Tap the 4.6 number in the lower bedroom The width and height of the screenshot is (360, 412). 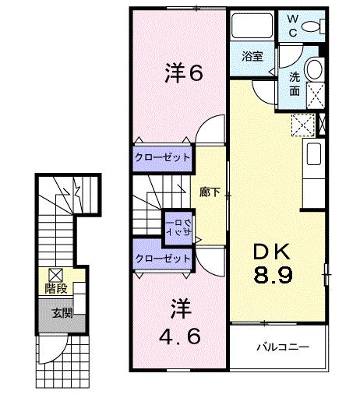click(182, 337)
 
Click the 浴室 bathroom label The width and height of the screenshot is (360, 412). click(251, 56)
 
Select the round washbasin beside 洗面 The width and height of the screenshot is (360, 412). click(316, 69)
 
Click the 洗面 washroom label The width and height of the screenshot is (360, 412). click(295, 83)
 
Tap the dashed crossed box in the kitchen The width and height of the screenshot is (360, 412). click(302, 124)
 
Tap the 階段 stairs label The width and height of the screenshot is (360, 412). click(55, 289)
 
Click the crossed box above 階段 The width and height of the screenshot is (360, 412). click(56, 274)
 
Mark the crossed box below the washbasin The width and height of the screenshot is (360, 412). click(316, 95)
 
